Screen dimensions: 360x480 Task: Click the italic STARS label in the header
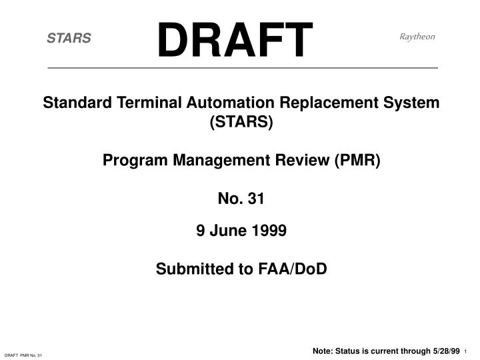(69, 39)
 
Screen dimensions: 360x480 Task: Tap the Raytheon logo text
(417, 37)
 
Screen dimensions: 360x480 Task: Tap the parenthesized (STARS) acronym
(241, 122)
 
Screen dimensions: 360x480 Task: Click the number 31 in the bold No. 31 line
(255, 198)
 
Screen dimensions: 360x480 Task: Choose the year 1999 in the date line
(269, 231)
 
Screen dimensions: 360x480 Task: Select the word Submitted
(189, 269)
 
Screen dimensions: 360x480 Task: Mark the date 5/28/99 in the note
(445, 351)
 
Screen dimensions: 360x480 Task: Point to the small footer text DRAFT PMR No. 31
(23, 355)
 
